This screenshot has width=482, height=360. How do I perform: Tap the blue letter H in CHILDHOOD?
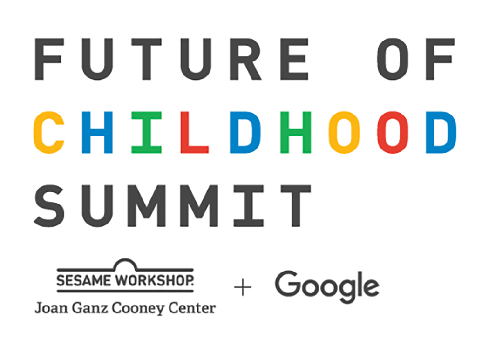tap(97, 133)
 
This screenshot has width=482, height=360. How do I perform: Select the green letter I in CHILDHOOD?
tap(147, 133)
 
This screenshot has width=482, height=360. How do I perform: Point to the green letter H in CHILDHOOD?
tap(296, 133)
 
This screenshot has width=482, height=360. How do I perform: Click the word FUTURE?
tap(171, 59)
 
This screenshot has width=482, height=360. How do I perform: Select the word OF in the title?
tap(416, 59)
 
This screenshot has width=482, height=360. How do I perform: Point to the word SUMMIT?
tap(172, 206)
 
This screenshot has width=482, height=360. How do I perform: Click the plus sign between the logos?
tap(243, 287)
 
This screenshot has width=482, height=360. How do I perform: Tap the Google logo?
tap(327, 286)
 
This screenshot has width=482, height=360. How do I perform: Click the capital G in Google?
tap(287, 284)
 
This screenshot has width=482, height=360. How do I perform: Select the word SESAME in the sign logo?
tap(83, 280)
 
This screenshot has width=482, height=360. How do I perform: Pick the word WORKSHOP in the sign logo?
tap(154, 280)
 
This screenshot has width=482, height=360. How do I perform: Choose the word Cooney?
tap(138, 308)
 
